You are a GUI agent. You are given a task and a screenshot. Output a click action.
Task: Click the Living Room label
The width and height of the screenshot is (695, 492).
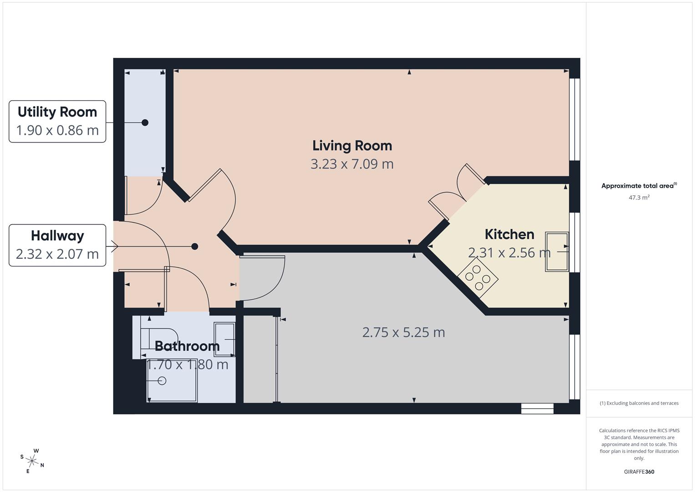[352, 146]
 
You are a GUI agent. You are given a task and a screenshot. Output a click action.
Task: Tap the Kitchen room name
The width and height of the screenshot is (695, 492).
[509, 234]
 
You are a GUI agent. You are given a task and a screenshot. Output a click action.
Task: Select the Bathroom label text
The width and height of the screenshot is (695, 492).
[187, 346]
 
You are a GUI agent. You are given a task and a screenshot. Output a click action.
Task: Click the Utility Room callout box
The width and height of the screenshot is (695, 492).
[57, 121]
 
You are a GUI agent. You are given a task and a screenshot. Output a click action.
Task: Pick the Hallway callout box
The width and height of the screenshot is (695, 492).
[57, 245]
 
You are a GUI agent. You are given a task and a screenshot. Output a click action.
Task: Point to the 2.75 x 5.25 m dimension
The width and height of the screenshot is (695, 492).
[403, 333]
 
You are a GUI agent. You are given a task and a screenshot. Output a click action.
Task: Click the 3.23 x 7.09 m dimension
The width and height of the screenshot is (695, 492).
[352, 164]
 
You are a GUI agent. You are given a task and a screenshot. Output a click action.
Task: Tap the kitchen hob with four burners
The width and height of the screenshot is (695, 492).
[478, 277]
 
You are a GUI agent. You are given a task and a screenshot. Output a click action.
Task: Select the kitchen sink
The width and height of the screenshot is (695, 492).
[557, 252]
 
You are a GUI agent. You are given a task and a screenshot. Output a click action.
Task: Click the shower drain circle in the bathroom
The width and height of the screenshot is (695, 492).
[162, 380]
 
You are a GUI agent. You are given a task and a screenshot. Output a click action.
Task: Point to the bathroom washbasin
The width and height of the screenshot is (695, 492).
[224, 339]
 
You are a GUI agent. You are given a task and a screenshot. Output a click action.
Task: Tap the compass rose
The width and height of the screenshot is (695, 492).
[32, 460]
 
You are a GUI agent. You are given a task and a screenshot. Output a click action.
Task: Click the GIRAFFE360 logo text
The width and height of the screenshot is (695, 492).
[639, 472]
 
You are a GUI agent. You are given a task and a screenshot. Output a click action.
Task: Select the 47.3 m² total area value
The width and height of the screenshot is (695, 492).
[639, 198]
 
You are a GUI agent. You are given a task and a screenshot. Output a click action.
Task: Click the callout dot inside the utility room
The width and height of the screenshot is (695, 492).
[145, 123]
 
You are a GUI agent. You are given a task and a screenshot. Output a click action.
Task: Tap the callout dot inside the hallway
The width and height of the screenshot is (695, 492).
[195, 246]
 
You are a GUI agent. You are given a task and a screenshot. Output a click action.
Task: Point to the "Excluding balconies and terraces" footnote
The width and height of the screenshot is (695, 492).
[639, 403]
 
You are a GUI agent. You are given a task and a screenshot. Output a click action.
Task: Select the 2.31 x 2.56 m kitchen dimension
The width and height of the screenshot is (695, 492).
[509, 253]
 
